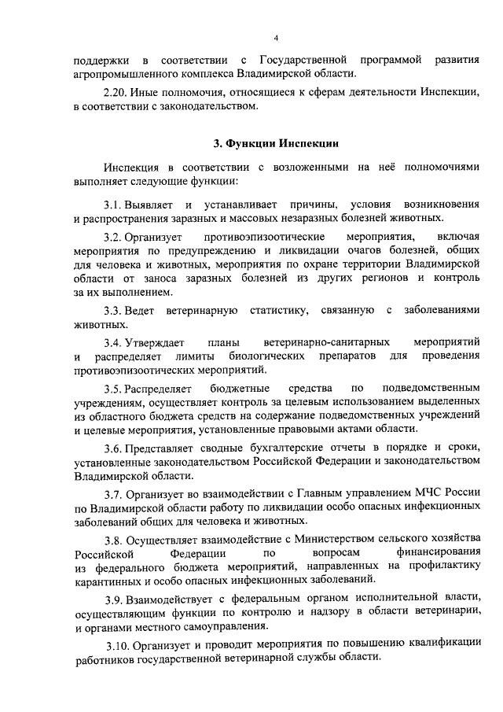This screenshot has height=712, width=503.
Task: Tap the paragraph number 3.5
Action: pyautogui.click(x=115, y=389)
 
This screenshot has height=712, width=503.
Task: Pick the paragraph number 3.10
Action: pyautogui.click(x=118, y=646)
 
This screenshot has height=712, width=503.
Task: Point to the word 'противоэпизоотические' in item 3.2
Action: pyautogui.click(x=265, y=237)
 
